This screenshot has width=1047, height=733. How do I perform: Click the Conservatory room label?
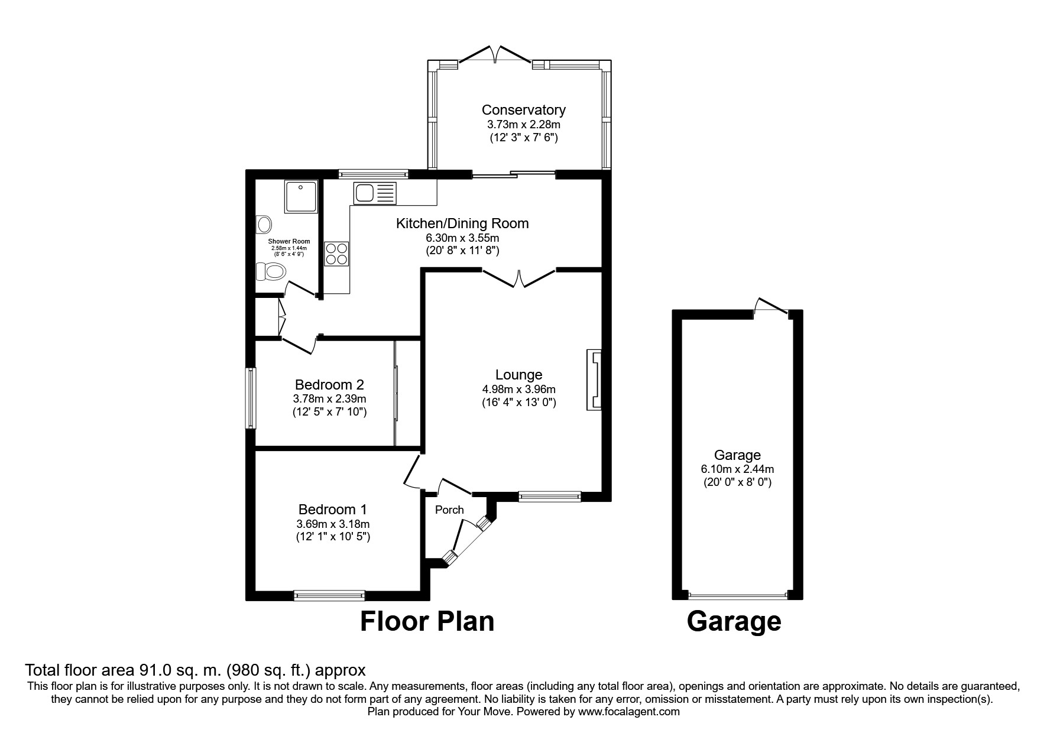tap(523, 110)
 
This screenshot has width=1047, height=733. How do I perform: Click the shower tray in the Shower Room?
tap(300, 197)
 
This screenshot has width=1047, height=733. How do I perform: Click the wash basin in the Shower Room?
tap(264, 224)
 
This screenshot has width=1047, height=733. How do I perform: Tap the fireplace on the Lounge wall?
tap(594, 380)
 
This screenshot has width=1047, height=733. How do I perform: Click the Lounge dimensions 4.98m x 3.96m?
tap(518, 390)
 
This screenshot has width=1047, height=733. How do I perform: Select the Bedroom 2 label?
tap(329, 385)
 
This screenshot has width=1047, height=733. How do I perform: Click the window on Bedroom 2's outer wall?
tap(251, 398)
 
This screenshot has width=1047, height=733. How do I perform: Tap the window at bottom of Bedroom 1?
tap(329, 595)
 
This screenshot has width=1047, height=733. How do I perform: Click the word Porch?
tap(449, 510)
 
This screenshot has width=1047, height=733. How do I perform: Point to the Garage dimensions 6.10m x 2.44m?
tap(737, 469)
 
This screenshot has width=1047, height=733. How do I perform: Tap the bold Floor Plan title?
tap(427, 622)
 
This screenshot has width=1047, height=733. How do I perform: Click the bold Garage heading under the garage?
tap(734, 622)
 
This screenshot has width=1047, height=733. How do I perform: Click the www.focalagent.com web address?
tap(628, 712)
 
